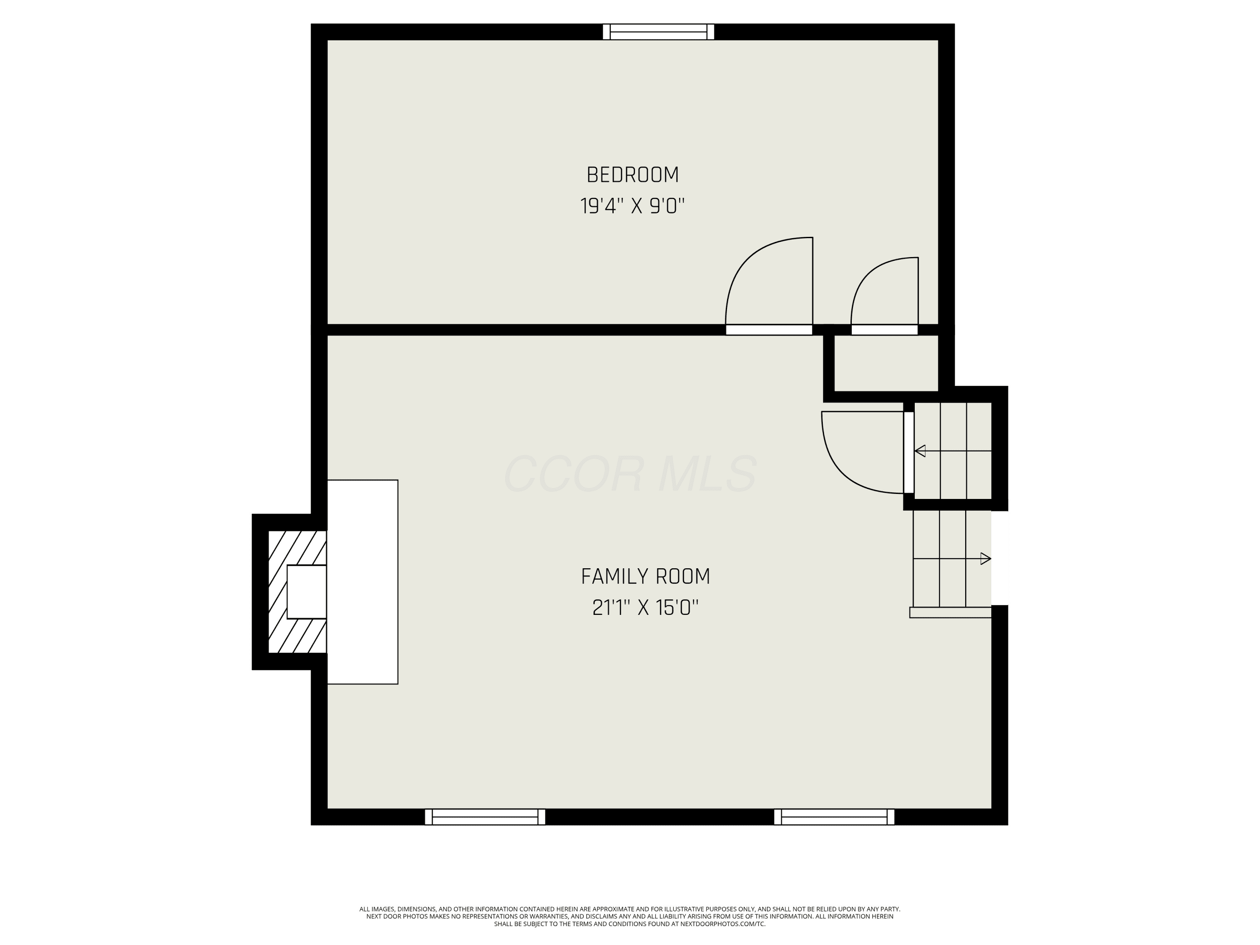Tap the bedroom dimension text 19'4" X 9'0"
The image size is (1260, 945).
point(632,206)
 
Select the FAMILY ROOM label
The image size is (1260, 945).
point(646,577)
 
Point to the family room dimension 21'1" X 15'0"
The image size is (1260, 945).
point(646,608)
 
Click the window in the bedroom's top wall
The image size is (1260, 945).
point(659,32)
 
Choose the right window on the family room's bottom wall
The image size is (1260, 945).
point(834,817)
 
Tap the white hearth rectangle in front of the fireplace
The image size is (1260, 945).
point(362,582)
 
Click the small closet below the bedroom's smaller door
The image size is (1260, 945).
point(886,363)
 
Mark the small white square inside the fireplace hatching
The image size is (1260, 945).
point(307,592)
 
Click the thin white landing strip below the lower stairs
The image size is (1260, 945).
point(950,612)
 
